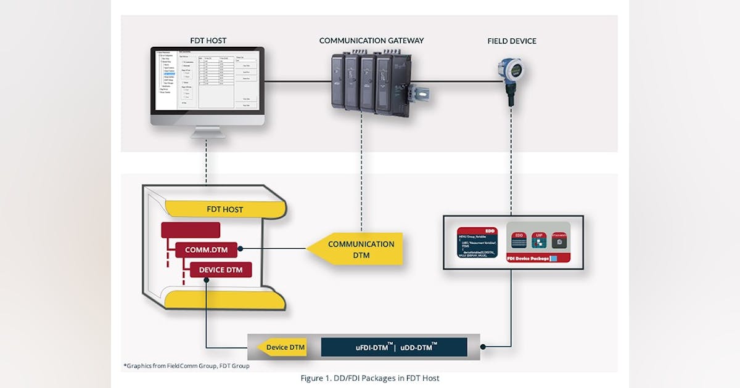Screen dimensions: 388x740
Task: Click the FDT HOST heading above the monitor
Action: pos(208,41)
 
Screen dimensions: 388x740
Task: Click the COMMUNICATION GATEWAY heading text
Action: pos(371,41)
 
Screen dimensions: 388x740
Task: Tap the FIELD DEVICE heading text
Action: pos(511,41)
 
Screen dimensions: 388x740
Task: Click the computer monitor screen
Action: pos(208,81)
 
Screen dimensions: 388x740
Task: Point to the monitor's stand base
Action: pos(208,134)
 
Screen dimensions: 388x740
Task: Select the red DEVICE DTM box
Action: pos(220,270)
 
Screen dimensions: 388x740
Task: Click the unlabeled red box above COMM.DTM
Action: pos(190,230)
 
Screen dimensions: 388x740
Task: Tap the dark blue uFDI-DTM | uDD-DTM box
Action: pos(394,347)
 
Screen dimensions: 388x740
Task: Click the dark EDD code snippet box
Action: pos(477,243)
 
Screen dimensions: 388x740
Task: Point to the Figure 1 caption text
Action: pos(370,378)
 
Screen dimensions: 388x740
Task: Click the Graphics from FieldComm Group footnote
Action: pos(186,366)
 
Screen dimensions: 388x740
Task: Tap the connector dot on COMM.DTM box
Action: pos(240,249)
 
